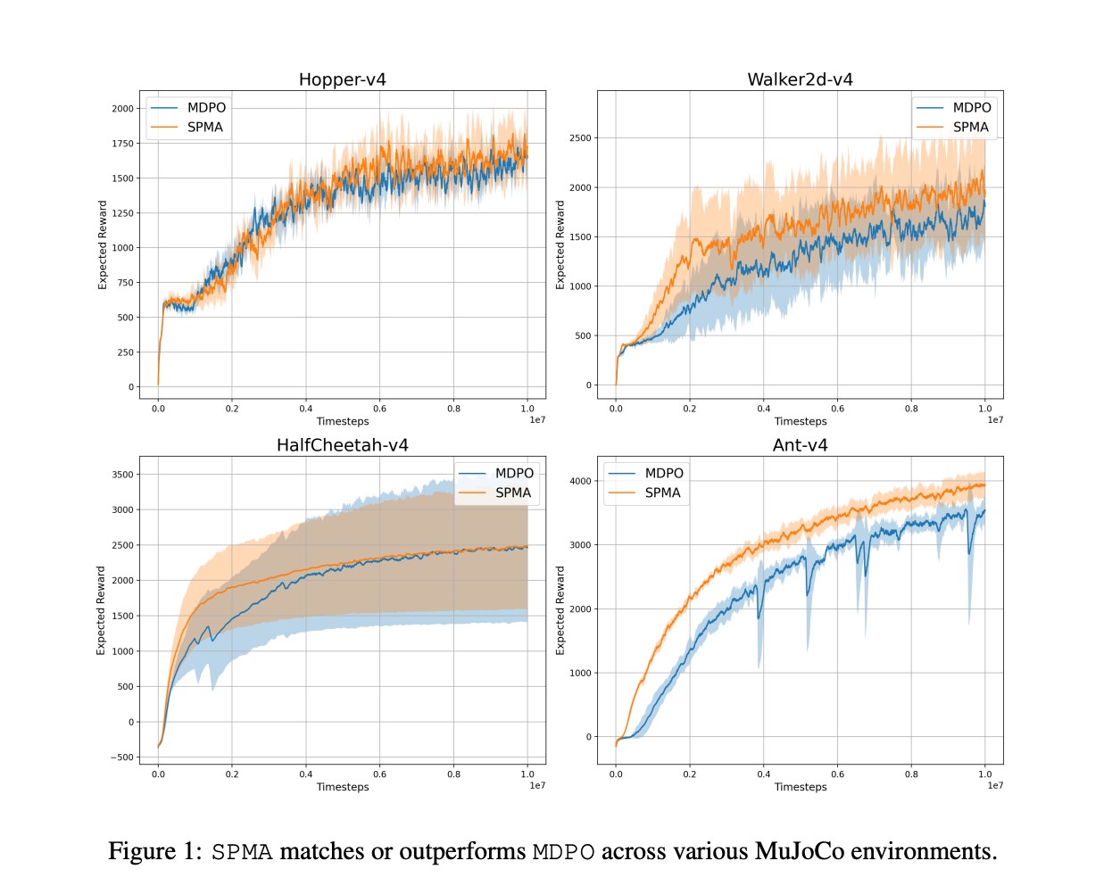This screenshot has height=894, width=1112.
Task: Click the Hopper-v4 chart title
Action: pos(342,79)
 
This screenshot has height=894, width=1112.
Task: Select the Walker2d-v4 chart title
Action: pos(800,79)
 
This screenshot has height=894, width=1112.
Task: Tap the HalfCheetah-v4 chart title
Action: pos(342,445)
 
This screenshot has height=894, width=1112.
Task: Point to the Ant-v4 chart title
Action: pos(800,445)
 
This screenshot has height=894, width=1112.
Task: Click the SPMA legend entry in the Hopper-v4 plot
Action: pos(204,127)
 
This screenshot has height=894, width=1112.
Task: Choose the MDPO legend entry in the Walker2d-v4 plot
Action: pos(971,107)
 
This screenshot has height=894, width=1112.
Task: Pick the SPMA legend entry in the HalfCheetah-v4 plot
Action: pos(512,493)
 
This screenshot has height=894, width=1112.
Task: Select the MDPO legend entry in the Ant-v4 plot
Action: pos(663,473)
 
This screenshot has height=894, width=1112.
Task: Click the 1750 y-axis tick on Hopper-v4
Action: pos(123,143)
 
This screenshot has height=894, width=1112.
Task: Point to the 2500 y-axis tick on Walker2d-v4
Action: pos(580,138)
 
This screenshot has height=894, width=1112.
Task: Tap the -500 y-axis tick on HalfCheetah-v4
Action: pos(121,757)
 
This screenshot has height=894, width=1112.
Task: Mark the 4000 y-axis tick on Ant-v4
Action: pos(580,481)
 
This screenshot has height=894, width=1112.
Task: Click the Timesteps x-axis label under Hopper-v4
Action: pos(342,421)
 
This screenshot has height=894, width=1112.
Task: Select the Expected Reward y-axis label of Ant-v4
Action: pos(560,610)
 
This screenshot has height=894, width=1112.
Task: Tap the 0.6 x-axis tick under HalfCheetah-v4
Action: pos(379,774)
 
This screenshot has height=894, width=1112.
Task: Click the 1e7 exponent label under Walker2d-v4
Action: pos(995,420)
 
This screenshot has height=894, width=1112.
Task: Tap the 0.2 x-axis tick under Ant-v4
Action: pos(690,774)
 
